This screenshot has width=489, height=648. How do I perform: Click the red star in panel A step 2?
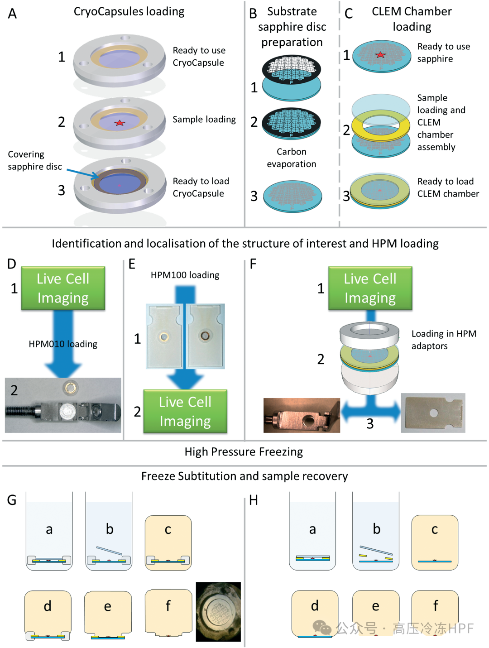pos(120,123)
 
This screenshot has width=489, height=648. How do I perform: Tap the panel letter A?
pos(12,14)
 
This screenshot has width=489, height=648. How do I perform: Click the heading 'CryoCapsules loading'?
pos(129,11)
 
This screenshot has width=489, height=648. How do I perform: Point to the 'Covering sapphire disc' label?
pos(34,160)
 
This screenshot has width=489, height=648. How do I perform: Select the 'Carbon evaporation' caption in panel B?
pos(292,158)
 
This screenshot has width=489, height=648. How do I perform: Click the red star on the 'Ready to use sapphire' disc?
pos(380,55)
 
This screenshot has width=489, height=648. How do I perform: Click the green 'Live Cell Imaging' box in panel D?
pos(63,288)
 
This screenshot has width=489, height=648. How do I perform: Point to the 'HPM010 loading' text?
pos(63,344)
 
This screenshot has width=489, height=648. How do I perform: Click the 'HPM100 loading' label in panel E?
pos(185,275)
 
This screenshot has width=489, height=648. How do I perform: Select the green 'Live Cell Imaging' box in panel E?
pos(185,411)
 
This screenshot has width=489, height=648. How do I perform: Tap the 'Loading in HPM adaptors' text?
pos(443,340)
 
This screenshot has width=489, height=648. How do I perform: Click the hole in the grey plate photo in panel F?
pos(434,413)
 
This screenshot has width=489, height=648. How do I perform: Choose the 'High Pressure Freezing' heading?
pos(244,451)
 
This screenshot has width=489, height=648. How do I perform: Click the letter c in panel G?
pos(168,529)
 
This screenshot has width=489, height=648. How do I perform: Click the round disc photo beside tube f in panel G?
pos(218,612)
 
